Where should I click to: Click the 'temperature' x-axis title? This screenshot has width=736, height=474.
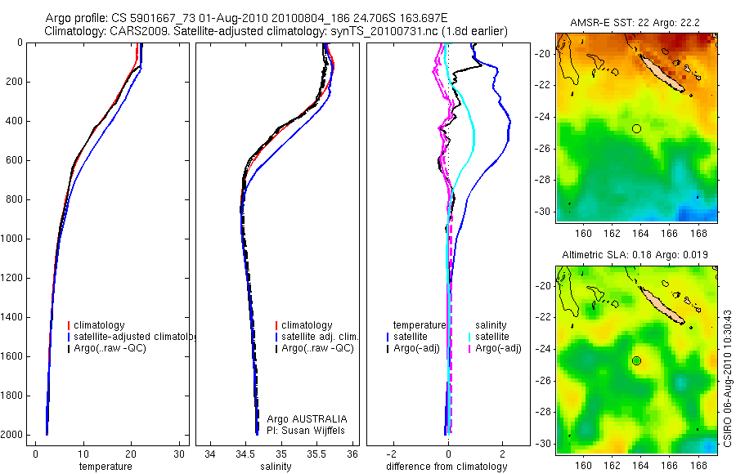tap(105, 467)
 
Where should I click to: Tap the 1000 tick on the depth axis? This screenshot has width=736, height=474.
tap(16, 239)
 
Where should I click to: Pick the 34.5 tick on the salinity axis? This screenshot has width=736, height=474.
tap(245, 454)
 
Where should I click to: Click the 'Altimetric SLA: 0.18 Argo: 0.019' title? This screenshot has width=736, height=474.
tap(635, 256)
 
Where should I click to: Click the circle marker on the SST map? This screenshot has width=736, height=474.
tap(636, 128)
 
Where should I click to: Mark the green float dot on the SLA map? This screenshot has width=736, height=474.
tap(636, 360)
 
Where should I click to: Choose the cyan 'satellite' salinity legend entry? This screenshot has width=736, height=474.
tap(491, 337)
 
